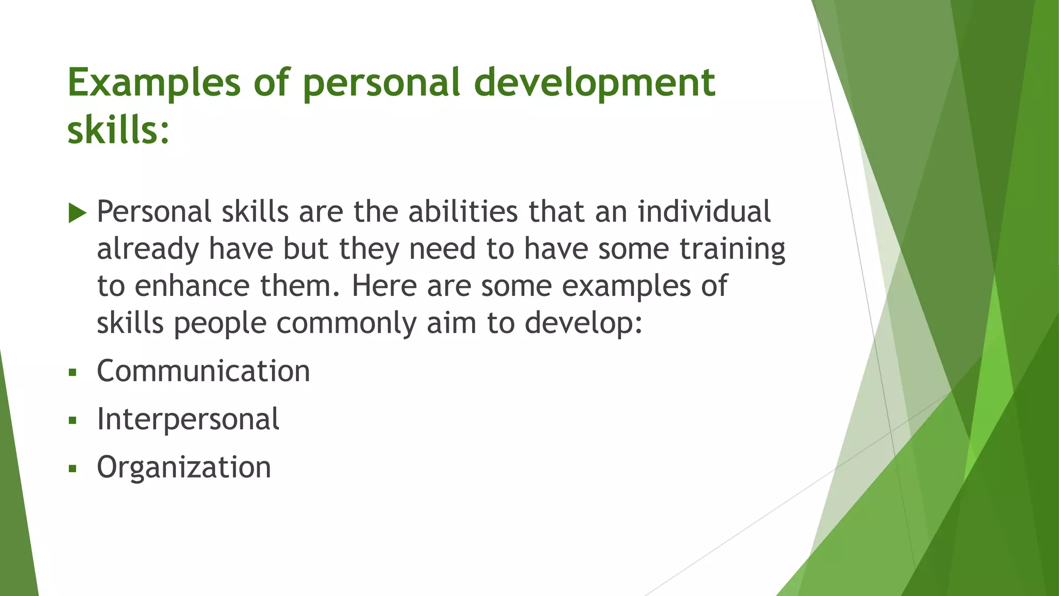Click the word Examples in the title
click(154, 83)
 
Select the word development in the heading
click(595, 83)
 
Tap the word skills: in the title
click(118, 130)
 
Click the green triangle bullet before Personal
click(77, 213)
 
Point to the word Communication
click(203, 371)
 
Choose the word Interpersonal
click(188, 419)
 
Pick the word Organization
click(184, 467)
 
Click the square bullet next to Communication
click(72, 372)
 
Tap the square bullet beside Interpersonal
click(72, 420)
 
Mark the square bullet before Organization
click(72, 469)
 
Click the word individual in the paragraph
click(704, 212)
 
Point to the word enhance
click(192, 286)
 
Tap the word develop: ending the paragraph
click(583, 323)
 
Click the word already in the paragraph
click(148, 249)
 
